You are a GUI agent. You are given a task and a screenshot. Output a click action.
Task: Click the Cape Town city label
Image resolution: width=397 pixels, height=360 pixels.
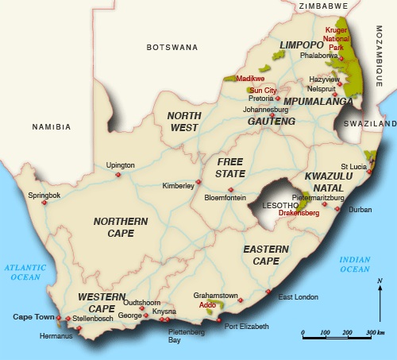click(33, 317)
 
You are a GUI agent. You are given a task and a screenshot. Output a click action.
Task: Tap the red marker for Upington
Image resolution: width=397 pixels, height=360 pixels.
click(118, 175)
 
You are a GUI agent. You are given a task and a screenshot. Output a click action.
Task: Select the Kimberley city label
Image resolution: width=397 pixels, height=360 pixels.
click(178, 184)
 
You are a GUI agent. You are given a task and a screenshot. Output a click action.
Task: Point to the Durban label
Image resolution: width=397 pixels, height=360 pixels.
click(360, 210)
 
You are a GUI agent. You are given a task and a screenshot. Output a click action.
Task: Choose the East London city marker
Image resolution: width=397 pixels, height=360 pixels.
click(268, 291)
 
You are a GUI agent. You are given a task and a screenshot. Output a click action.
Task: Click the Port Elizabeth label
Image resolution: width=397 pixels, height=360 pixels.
click(246, 326)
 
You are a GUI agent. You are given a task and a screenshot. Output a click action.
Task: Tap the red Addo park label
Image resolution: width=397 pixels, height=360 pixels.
click(208, 304)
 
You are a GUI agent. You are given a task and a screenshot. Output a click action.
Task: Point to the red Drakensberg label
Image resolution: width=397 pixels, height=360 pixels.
click(299, 213)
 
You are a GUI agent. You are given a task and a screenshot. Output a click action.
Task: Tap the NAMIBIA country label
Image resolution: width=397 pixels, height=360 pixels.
click(52, 126)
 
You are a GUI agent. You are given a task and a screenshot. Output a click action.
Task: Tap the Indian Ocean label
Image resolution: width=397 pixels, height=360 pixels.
click(355, 265)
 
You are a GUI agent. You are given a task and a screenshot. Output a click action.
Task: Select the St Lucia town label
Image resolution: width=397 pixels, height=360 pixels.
click(353, 165)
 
